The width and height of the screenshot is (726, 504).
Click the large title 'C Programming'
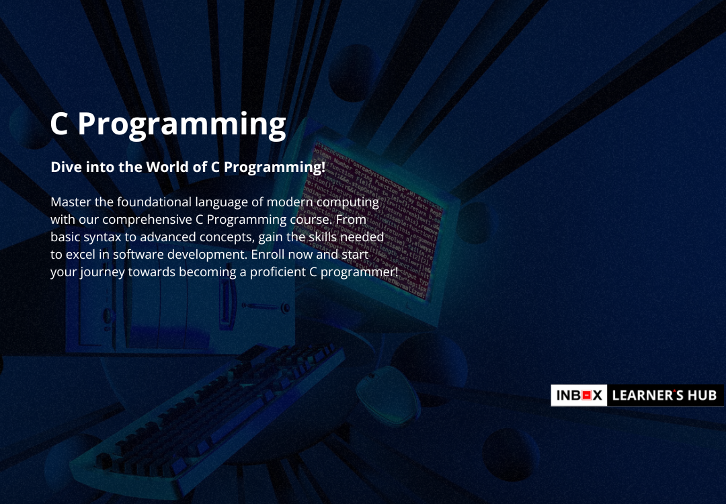[x=168, y=125]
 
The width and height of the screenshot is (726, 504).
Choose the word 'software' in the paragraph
[x=138, y=255]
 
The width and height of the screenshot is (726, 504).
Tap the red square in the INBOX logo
[x=587, y=395]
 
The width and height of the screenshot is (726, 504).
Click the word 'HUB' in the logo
[x=702, y=395]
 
